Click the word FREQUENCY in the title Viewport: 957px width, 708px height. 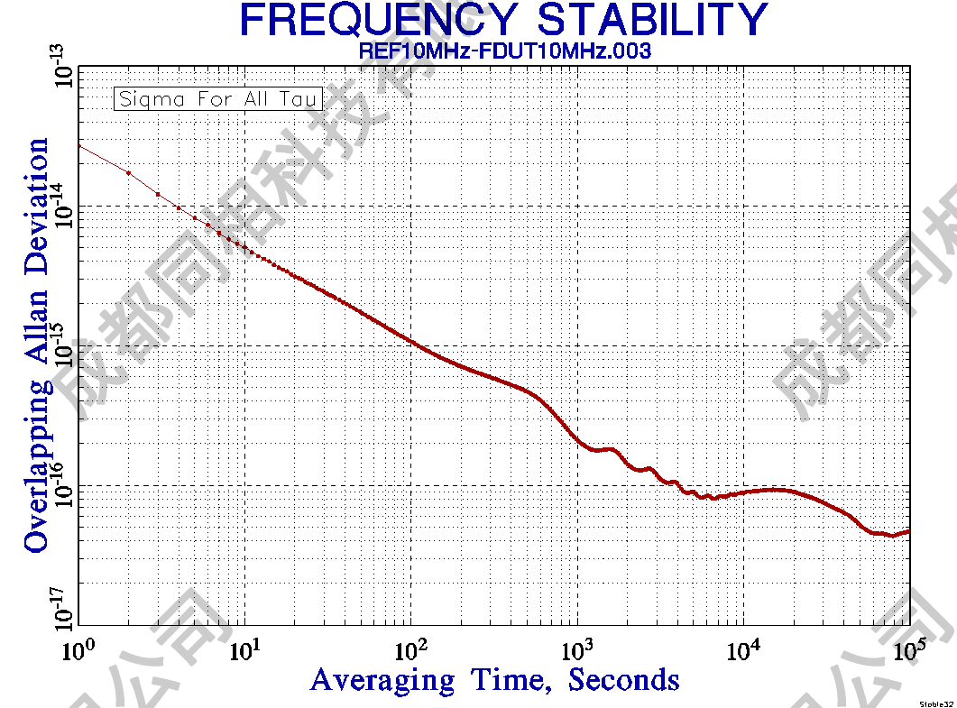tap(378, 20)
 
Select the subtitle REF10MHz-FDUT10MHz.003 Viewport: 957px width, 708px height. tap(505, 51)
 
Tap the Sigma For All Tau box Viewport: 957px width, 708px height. tap(218, 98)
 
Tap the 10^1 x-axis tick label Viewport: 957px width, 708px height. tap(245, 647)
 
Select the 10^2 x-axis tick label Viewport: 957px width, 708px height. tap(411, 647)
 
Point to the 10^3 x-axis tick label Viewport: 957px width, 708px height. tap(578, 647)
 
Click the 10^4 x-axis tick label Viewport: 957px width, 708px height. tap(744, 647)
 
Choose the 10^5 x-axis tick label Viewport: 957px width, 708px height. tap(910, 647)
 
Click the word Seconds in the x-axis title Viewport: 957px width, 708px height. tap(624, 679)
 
